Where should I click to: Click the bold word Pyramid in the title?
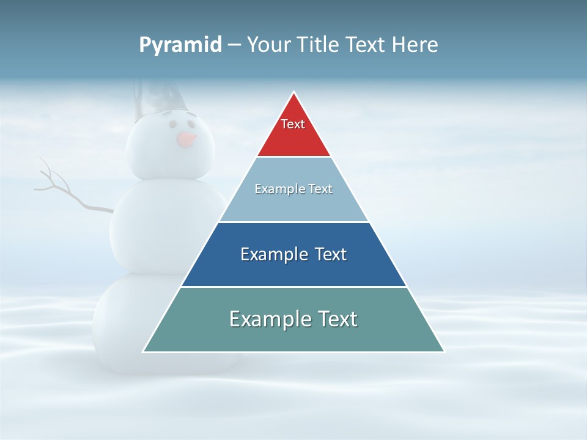click(x=180, y=45)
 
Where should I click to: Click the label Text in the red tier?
click(x=293, y=124)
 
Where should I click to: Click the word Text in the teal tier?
click(x=336, y=319)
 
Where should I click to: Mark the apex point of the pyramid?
click(x=294, y=93)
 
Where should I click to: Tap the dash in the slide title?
click(x=234, y=45)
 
